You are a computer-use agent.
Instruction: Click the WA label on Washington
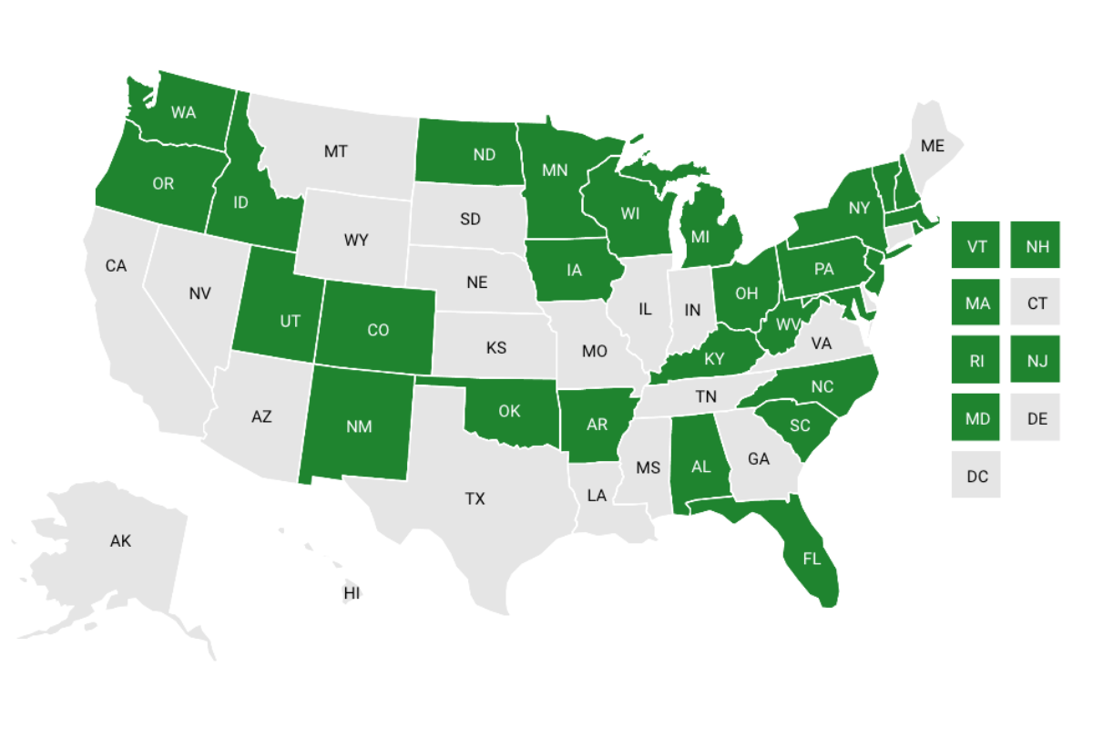pyautogui.click(x=183, y=113)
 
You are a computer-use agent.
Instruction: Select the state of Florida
pyautogui.click(x=811, y=558)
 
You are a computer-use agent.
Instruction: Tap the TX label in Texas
pyautogui.click(x=475, y=498)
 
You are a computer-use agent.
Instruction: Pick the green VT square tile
pyautogui.click(x=976, y=245)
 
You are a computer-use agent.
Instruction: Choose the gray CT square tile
pyautogui.click(x=1037, y=303)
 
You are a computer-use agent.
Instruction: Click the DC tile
pyautogui.click(x=976, y=475)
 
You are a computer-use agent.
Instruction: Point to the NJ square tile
pyautogui.click(x=1037, y=360)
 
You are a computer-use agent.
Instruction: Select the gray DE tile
pyautogui.click(x=1037, y=417)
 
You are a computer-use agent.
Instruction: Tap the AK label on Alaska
pyautogui.click(x=120, y=541)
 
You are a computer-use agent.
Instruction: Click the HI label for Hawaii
pyautogui.click(x=352, y=593)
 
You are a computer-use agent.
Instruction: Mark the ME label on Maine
pyautogui.click(x=933, y=146)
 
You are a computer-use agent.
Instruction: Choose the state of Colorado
pyautogui.click(x=378, y=330)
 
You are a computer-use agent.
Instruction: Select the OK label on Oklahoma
pyautogui.click(x=509, y=411)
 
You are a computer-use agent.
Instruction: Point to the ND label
pyautogui.click(x=484, y=154)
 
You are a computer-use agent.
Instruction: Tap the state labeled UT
pyautogui.click(x=290, y=321)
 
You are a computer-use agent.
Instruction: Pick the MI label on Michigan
pyautogui.click(x=699, y=237)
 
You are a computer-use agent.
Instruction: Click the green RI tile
pyautogui.click(x=976, y=360)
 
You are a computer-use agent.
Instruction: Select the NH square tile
pyautogui.click(x=1037, y=245)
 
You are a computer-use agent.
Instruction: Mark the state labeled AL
pyautogui.click(x=700, y=467)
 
